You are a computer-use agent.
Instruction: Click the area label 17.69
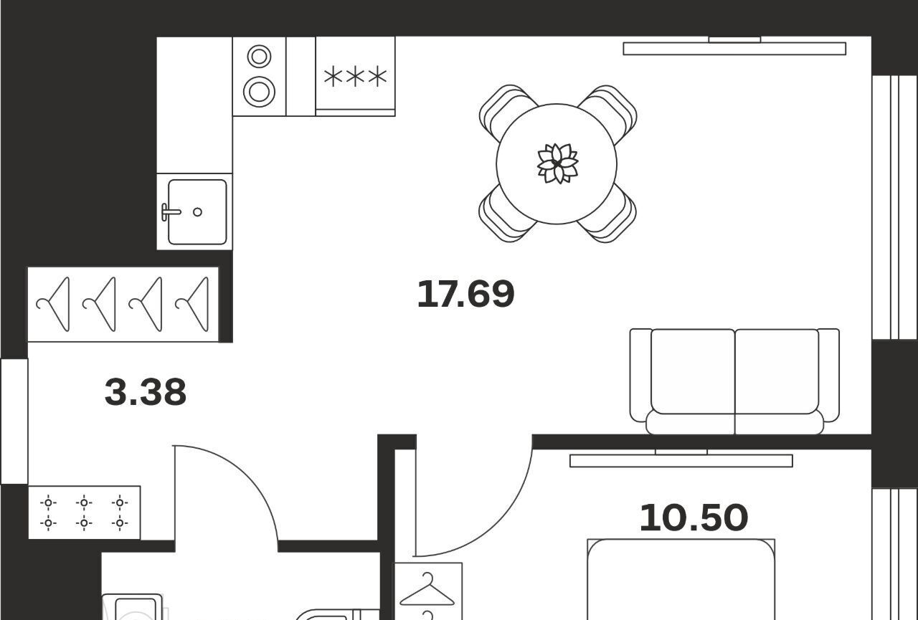[465, 294]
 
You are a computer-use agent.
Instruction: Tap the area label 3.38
[146, 392]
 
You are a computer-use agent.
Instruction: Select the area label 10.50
[694, 518]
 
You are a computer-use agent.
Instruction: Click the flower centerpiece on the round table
[557, 163]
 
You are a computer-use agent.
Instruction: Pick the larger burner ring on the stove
[259, 91]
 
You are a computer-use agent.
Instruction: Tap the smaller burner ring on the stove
[259, 56]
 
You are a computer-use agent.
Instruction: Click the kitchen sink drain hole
[197, 212]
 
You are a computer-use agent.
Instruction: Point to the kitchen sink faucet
[170, 212]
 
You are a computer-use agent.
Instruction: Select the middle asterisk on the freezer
[355, 76]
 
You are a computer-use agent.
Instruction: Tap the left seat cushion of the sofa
[693, 371]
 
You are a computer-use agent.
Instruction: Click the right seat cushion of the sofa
[777, 371]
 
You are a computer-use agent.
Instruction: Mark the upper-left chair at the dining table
[507, 110]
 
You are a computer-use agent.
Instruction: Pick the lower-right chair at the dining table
[609, 216]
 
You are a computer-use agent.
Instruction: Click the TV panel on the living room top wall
[734, 48]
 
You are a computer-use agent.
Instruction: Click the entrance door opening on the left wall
[14, 421]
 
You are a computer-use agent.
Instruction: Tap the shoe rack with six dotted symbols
[85, 512]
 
